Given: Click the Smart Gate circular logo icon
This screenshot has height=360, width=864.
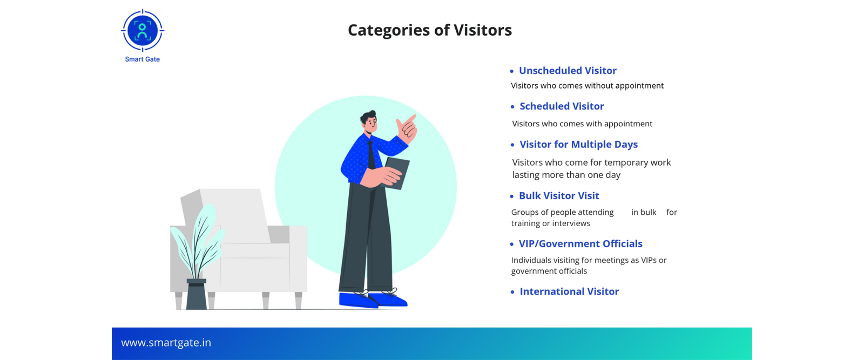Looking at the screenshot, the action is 143,30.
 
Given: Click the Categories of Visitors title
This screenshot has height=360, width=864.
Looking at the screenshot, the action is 430,30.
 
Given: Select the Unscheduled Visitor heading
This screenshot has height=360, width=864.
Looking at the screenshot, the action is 568,71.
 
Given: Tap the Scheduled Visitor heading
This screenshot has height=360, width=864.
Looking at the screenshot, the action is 562,106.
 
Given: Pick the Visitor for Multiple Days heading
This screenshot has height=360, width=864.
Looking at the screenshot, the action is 578,145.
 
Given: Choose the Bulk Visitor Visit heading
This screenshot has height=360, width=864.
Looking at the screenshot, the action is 559,196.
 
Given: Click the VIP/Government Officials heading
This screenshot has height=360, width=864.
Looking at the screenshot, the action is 580,243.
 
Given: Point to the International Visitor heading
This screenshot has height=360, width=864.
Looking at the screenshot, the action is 569,291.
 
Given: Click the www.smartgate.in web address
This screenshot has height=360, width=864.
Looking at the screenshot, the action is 166,343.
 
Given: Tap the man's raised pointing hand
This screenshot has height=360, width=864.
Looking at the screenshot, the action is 407,128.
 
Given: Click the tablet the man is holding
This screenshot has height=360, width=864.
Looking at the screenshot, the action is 395,173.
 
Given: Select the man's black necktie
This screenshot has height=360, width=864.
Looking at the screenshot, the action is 371,154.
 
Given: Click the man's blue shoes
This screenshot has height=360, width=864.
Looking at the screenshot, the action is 373,300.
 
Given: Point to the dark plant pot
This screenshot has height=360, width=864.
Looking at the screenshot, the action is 197,294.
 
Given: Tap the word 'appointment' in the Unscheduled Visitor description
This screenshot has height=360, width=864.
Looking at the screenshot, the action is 639,86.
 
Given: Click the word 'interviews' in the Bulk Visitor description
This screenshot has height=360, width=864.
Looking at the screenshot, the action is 571,223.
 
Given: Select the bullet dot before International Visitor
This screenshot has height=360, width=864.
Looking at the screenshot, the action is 512,292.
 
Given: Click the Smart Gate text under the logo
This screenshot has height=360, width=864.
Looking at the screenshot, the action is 143,59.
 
